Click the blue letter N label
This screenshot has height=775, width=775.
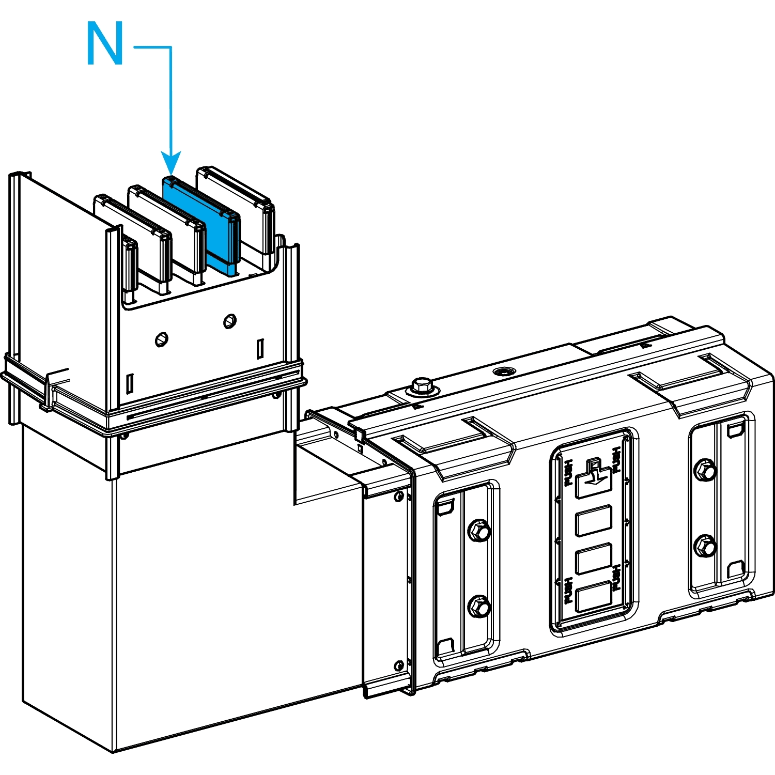coord(105,44)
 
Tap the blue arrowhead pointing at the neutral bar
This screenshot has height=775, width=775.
coord(171,162)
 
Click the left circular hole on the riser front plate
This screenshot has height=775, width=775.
coord(162,339)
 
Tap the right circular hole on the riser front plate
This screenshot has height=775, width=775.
coord(230,321)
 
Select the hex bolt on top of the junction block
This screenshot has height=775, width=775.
coord(422,385)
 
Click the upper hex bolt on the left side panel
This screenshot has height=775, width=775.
coord(479,531)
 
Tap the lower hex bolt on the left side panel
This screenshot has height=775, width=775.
coord(479,607)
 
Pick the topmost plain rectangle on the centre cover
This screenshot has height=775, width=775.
coord(594,520)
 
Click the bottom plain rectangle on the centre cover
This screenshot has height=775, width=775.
coord(594,597)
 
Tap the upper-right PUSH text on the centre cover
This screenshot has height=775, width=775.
coord(616,459)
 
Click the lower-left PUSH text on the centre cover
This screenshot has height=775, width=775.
coord(568,590)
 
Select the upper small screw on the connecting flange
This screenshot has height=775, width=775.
coord(399,497)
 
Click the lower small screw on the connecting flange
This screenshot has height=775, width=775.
coord(399,665)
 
